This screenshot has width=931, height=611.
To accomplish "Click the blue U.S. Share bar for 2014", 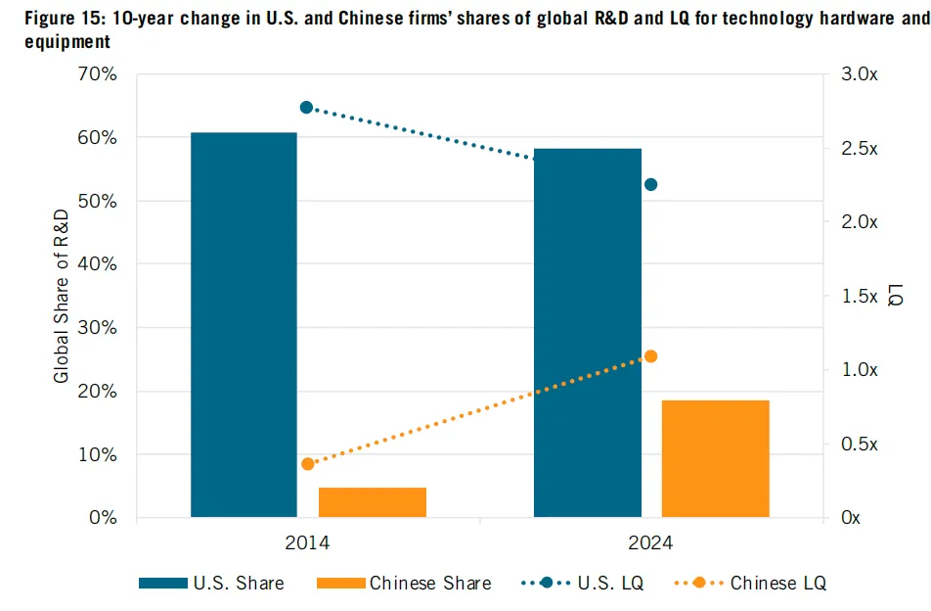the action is (244, 324).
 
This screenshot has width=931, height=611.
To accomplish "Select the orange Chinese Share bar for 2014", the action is (373, 502).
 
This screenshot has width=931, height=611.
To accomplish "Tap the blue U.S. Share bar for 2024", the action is (588, 333).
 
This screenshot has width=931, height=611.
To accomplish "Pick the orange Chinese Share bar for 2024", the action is (716, 459).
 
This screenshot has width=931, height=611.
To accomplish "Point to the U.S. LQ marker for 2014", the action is (306, 108).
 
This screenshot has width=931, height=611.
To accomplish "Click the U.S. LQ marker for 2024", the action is (650, 185).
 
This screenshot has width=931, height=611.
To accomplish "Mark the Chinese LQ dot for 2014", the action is (307, 464).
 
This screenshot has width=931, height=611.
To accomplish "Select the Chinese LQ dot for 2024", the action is (650, 356).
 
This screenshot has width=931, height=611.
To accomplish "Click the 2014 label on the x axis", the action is (307, 543).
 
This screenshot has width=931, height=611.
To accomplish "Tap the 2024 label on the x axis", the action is (650, 543).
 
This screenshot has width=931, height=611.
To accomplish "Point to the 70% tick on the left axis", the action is (98, 74).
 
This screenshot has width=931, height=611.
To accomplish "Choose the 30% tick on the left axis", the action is (98, 327).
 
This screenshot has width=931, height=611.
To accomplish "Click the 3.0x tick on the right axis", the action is (860, 74).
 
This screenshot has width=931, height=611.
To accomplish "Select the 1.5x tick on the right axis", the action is (860, 296).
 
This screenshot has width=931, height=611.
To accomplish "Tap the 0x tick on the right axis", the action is (851, 518).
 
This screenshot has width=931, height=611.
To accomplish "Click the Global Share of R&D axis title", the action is (62, 296).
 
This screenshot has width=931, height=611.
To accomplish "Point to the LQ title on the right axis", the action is (896, 295).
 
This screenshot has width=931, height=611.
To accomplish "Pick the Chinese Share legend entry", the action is (404, 583).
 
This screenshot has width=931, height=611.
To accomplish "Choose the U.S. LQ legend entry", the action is (583, 583).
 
